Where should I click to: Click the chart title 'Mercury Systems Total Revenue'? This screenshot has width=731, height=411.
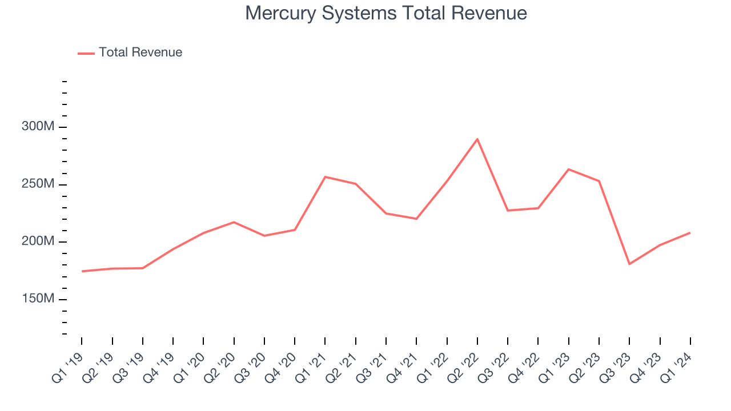point(386,13)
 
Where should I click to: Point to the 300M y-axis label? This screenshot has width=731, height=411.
point(38,127)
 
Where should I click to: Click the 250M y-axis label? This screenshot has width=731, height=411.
point(38,184)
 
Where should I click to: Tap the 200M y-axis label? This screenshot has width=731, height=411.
point(38,241)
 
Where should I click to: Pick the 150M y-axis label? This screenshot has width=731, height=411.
point(38,299)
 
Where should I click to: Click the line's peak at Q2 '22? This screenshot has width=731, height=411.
point(477,139)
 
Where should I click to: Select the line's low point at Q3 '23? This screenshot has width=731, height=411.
point(629,264)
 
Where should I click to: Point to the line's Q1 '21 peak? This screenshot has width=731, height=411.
point(325,177)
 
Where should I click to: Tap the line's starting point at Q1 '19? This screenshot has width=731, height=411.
point(82,271)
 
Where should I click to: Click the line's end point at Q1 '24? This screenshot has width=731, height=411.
point(690,233)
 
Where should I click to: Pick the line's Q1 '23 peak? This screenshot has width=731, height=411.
point(569,169)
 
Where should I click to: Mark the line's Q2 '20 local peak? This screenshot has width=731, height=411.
point(234,222)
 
